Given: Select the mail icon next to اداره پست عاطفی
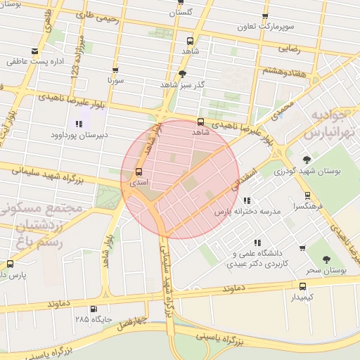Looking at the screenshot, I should (36, 51).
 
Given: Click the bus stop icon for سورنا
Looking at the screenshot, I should (115, 70).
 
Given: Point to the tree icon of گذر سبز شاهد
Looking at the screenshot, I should (183, 73).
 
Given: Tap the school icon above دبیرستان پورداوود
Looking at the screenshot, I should (79, 124).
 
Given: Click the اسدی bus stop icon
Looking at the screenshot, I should (139, 172).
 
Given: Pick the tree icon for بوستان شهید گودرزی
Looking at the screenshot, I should (307, 160).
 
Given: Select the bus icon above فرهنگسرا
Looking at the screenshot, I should (307, 196).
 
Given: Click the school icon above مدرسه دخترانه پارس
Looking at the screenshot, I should (246, 201).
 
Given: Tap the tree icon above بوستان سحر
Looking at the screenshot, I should (327, 259).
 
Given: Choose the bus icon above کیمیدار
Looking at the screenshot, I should (303, 286).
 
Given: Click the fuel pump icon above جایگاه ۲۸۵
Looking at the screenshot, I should (94, 309).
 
